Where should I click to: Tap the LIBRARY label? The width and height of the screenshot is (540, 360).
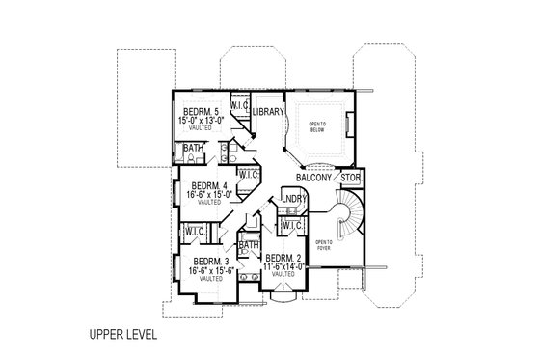268,113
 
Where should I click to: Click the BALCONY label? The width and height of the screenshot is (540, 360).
313,178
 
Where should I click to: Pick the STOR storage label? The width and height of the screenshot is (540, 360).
351,178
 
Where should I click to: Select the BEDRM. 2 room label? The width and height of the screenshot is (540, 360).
284,258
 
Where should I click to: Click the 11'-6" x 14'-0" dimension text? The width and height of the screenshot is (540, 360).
284,266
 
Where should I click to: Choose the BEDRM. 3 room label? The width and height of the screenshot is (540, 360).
211,263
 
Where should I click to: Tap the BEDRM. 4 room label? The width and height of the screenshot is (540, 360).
209,185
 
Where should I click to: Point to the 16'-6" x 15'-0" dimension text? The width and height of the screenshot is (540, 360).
209,195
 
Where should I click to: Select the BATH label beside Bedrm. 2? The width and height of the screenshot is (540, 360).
249,245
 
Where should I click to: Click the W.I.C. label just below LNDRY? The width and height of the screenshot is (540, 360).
292,226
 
